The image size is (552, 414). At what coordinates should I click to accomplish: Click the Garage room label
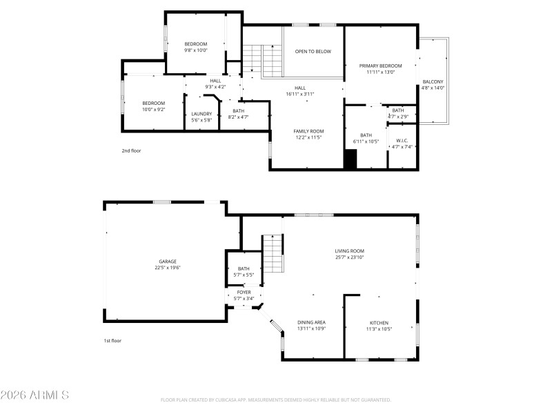168,262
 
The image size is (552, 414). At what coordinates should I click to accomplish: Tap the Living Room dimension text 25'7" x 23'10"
349,257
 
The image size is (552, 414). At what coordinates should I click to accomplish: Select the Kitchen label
379,323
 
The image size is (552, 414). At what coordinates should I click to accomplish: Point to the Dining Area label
311,323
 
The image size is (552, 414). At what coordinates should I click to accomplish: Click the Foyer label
244,293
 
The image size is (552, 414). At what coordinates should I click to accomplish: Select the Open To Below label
313,52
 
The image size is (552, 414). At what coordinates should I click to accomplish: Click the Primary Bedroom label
380,66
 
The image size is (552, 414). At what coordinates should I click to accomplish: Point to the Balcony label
433,81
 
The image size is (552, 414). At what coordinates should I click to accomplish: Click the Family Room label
308,131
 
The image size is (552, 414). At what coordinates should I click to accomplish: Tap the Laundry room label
201,114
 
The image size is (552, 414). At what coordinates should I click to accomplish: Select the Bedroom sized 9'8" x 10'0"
195,44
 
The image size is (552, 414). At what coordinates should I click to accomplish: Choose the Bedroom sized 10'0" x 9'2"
153,103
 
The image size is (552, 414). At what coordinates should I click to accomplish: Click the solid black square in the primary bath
351,159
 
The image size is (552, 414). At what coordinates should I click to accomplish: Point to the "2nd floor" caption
131,150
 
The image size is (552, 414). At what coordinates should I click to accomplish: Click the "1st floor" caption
112,341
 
